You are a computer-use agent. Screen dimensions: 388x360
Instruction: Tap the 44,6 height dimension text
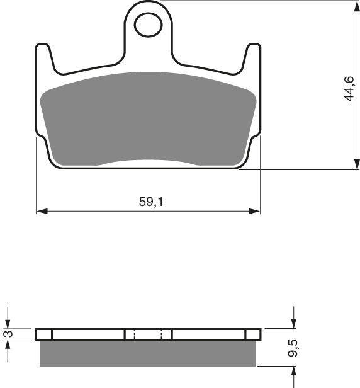click(x=349, y=89)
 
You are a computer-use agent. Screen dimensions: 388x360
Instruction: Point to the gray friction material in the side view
click(x=149, y=353)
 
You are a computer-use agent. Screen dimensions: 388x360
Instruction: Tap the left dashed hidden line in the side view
click(x=134, y=334)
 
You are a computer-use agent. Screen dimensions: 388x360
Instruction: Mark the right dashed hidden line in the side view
click(x=162, y=334)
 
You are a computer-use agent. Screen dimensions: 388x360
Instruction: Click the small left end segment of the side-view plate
click(x=44, y=334)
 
